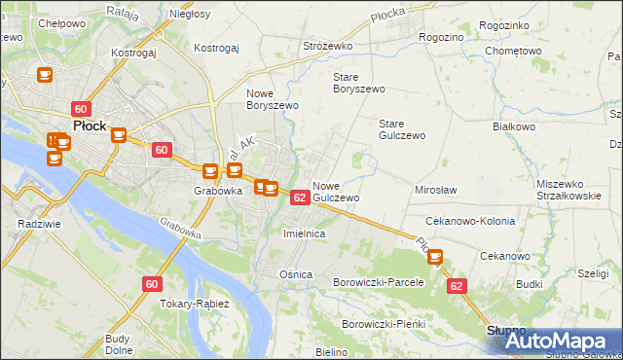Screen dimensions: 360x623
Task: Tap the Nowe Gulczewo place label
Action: (337, 191)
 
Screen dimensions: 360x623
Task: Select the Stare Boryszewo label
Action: (359, 82)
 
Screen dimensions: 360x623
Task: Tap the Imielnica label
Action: (303, 234)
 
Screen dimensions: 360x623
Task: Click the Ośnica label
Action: (296, 274)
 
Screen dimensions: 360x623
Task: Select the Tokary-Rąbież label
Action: (195, 304)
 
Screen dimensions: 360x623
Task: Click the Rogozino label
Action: (440, 36)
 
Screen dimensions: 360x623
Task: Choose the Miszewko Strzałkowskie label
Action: (568, 190)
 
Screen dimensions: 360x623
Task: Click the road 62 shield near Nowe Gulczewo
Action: (300, 198)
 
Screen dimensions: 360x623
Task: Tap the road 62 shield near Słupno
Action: (458, 287)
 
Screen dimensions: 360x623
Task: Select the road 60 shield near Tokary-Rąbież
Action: (151, 284)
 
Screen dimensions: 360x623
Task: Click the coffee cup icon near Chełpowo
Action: (44, 75)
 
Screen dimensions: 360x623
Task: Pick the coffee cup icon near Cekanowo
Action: (435, 257)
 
